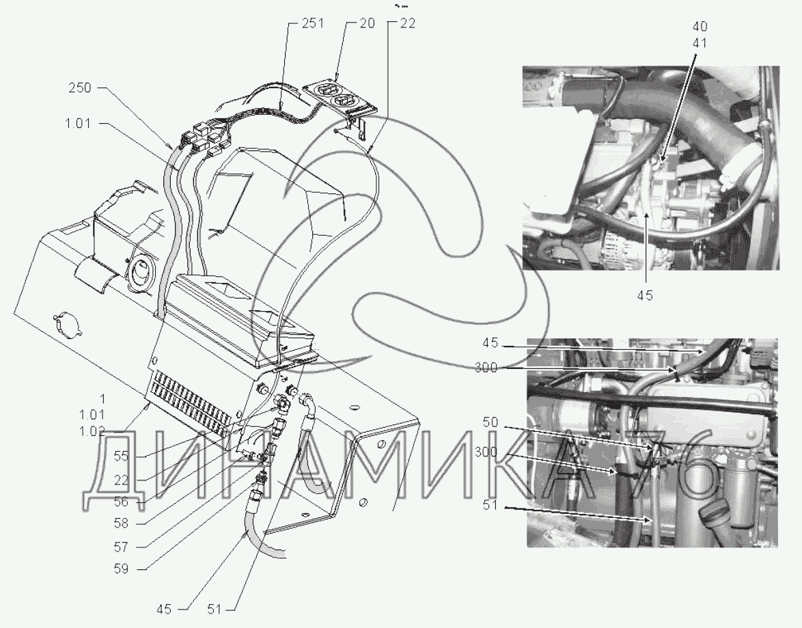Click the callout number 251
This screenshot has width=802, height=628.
(313, 23)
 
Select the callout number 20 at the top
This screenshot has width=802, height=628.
(368, 23)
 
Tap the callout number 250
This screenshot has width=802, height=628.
(80, 88)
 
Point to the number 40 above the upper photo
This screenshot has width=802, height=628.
(700, 27)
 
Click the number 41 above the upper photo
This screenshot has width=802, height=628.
(700, 43)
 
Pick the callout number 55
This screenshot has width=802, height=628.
(121, 456)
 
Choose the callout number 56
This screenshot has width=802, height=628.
(121, 502)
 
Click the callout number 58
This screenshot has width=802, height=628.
(121, 524)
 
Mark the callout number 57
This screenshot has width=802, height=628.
(121, 547)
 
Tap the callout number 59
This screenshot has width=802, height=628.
(121, 569)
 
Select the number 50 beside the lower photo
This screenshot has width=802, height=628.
(490, 422)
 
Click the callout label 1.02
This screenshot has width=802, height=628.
(92, 431)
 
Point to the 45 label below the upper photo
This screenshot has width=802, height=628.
(646, 295)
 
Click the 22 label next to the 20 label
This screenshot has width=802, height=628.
(408, 23)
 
